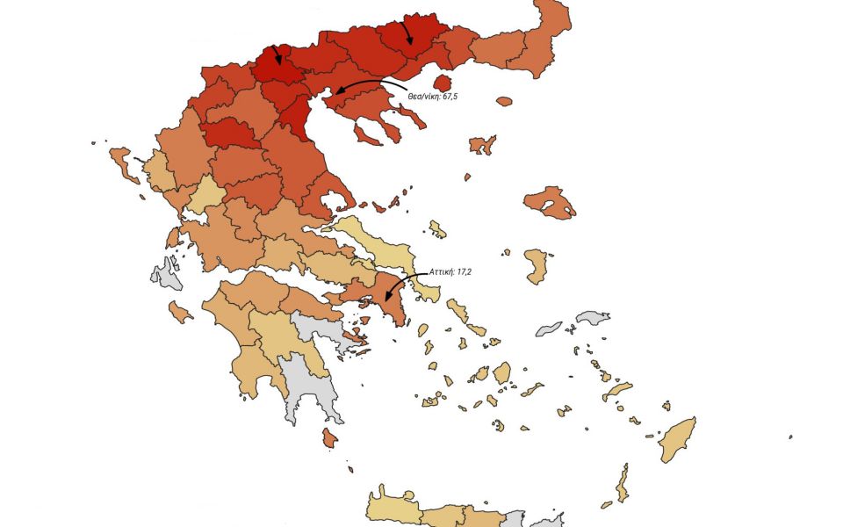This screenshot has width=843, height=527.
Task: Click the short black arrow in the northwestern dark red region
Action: click(x=277, y=55)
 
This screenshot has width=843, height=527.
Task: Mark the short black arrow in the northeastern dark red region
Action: click(x=407, y=33)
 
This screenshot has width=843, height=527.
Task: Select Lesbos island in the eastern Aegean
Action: click(x=549, y=203)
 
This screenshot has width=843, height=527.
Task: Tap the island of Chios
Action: click(x=537, y=265)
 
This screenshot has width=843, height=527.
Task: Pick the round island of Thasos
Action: click(x=504, y=102)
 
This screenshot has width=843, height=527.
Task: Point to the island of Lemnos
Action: click(x=482, y=144)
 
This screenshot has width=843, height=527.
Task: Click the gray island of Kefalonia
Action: click(x=167, y=275)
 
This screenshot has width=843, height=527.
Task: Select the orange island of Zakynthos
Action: click(x=181, y=312)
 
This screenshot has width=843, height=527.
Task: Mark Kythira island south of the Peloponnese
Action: click(x=329, y=437)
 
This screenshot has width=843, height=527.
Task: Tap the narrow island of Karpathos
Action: click(x=622, y=482)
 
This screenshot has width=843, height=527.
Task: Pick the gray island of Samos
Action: click(x=593, y=317)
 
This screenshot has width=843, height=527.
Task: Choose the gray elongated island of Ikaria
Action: click(x=549, y=328)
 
